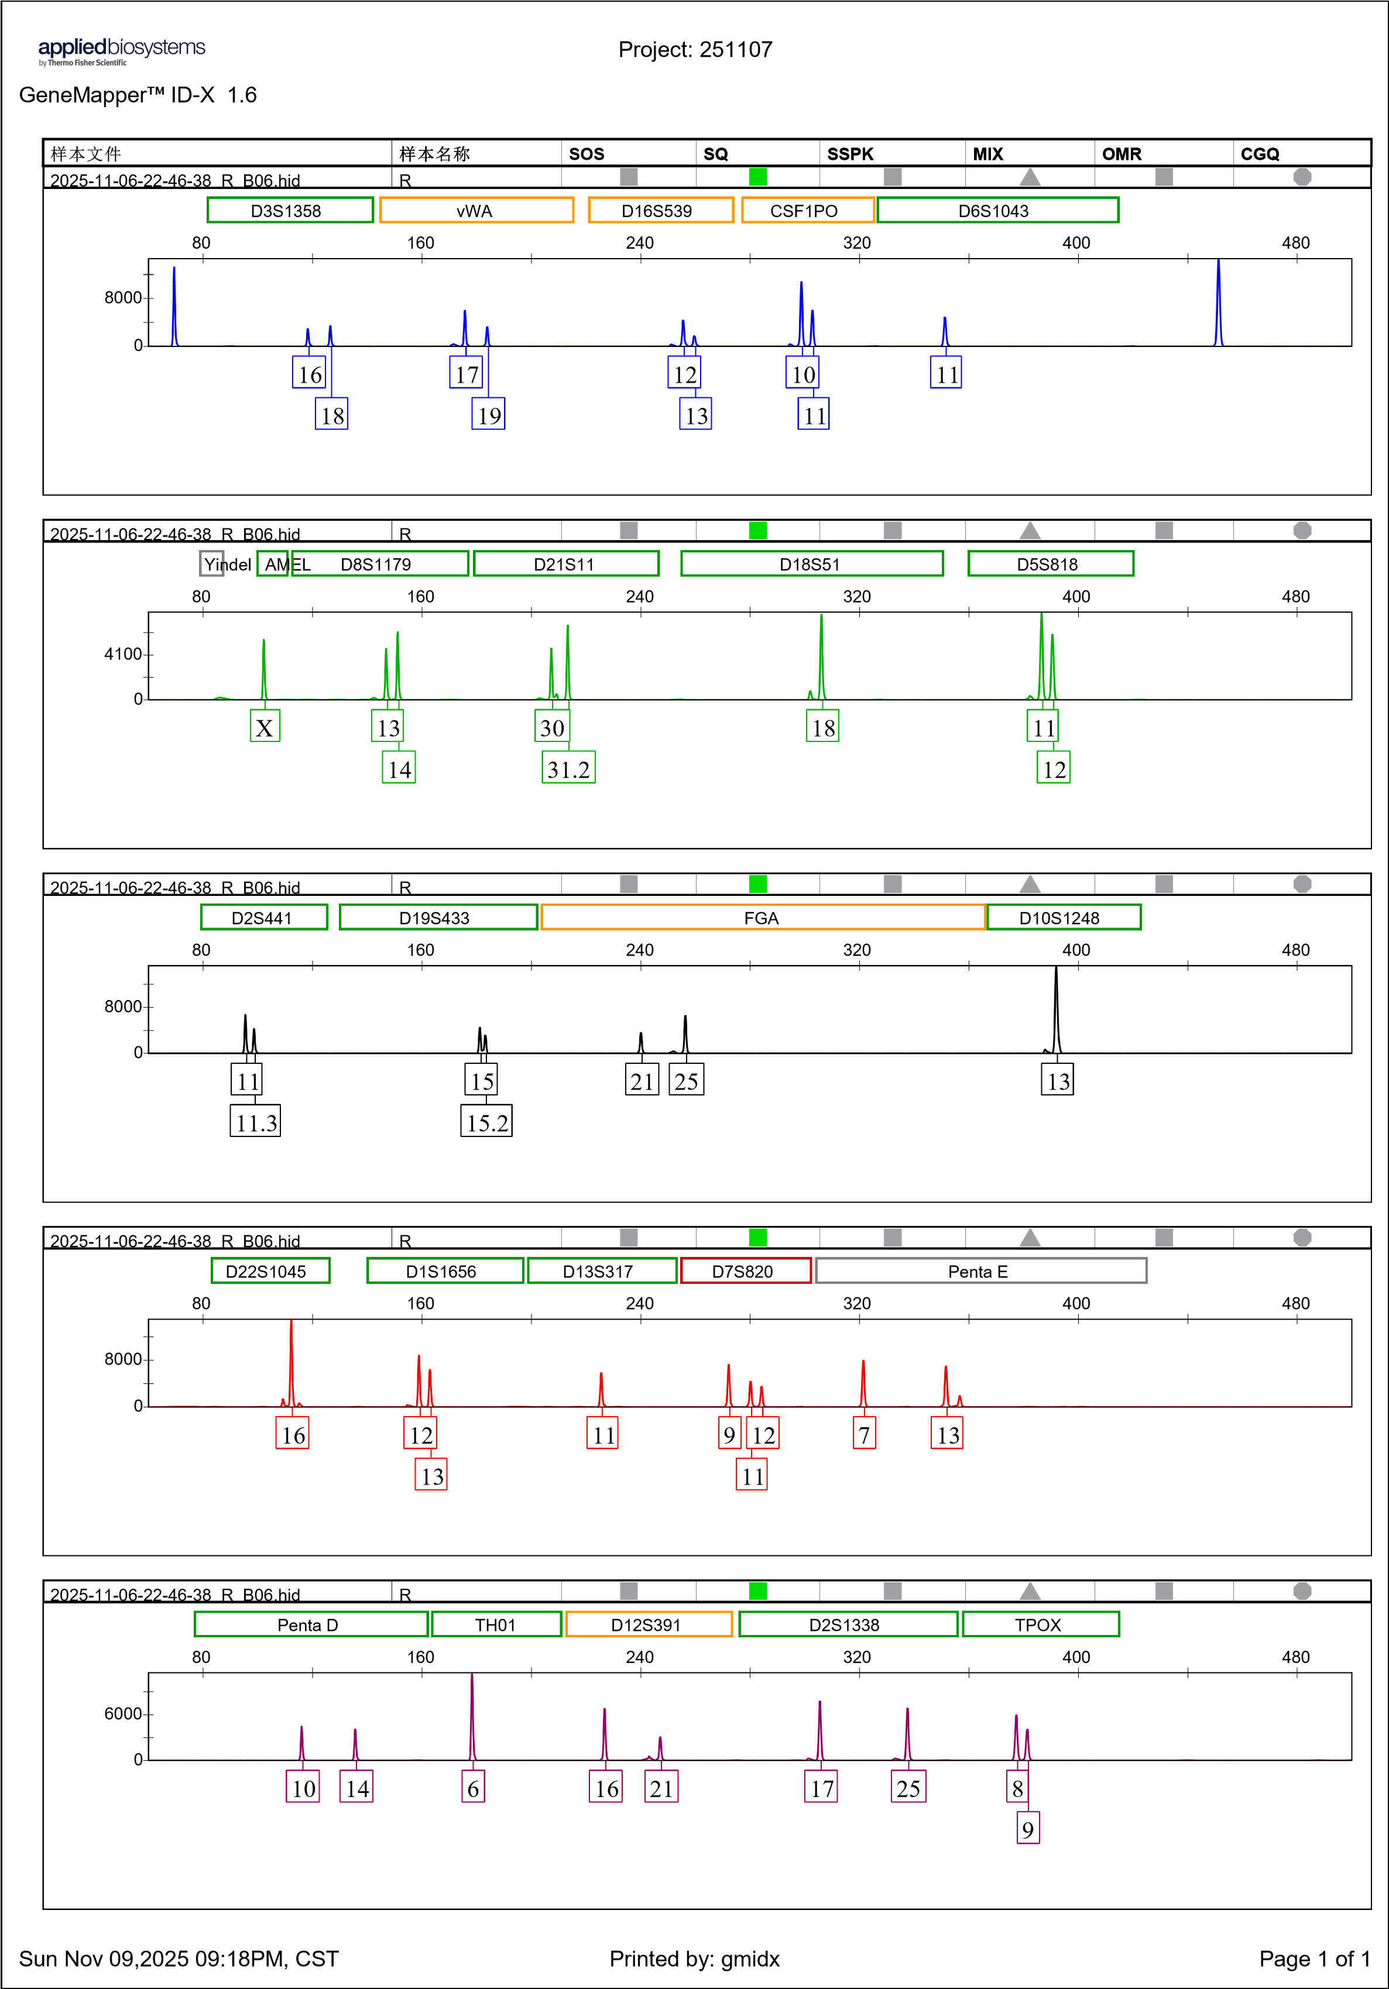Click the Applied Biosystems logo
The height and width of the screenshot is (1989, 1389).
click(121, 52)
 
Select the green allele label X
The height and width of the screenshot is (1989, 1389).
click(265, 727)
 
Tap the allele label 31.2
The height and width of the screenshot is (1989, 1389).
click(568, 768)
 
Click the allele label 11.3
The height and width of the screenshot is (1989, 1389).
click(256, 1122)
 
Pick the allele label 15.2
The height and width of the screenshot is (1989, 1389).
click(486, 1122)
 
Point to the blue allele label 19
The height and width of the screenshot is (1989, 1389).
click(489, 415)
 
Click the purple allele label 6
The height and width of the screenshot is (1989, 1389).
click(473, 1787)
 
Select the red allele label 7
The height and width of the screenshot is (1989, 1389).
click(864, 1434)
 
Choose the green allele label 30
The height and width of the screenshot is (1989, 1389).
click(552, 727)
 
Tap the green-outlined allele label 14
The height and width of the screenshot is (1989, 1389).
click(399, 768)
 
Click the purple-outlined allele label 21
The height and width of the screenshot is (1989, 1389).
click(661, 1787)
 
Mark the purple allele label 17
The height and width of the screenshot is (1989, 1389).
click(821, 1787)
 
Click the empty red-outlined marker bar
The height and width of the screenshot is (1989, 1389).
click(746, 1270)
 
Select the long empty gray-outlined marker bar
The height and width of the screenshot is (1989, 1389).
click(981, 1270)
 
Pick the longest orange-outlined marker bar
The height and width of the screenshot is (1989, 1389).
click(763, 916)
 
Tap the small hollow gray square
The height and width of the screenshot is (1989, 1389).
click(211, 563)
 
